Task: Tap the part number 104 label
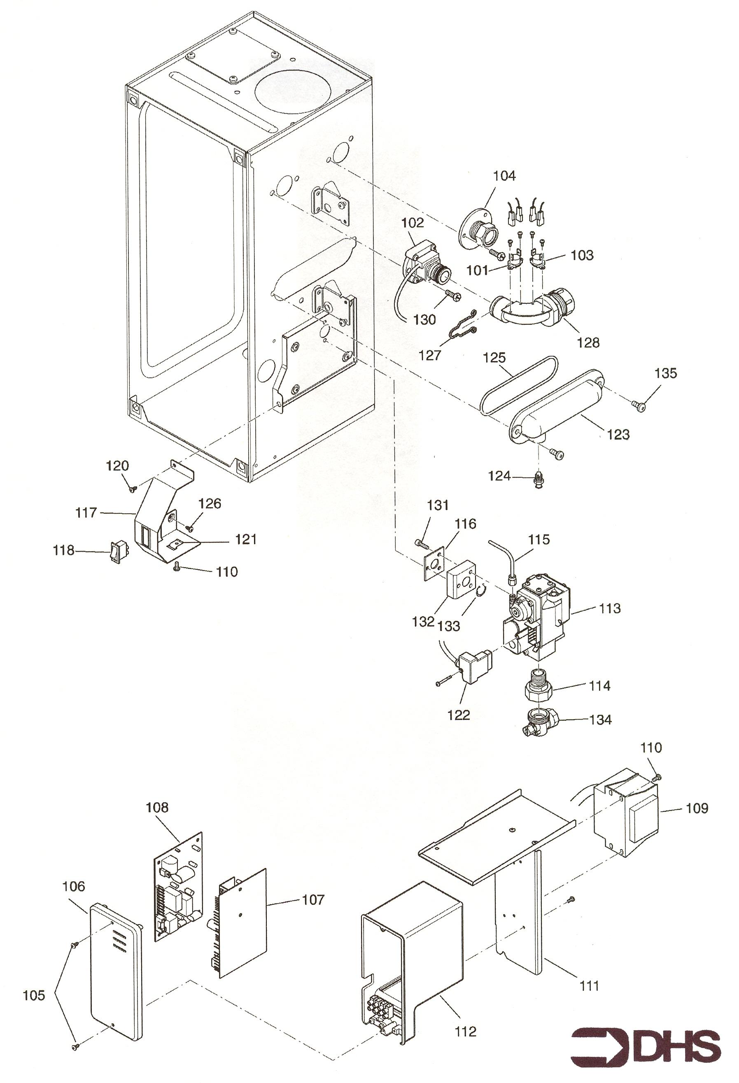pyautogui.click(x=505, y=176)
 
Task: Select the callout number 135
pyautogui.click(x=665, y=373)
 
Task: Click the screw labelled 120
pyautogui.click(x=132, y=488)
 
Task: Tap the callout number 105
pyautogui.click(x=34, y=995)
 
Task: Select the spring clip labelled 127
pyautogui.click(x=463, y=324)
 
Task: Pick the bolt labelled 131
pyautogui.click(x=420, y=543)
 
